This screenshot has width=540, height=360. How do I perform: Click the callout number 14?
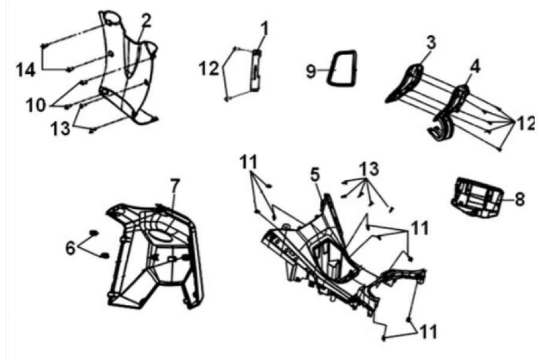26,70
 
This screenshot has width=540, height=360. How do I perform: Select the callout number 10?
36,105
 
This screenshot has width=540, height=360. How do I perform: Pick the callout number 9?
311,71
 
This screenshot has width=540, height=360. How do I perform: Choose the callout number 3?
431,42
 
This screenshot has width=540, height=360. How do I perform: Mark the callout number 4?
475,67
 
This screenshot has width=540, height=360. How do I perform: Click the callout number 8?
520,199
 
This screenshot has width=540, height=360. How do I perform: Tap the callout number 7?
175,186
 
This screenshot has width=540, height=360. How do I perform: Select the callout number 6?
70,248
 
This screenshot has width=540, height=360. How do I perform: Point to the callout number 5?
315,175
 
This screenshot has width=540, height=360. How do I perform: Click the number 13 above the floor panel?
369,169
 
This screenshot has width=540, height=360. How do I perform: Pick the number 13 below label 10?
60,129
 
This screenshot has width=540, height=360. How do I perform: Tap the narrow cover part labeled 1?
256,71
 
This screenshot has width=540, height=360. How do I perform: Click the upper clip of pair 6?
94,233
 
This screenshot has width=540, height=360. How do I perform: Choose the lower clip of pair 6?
104,256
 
